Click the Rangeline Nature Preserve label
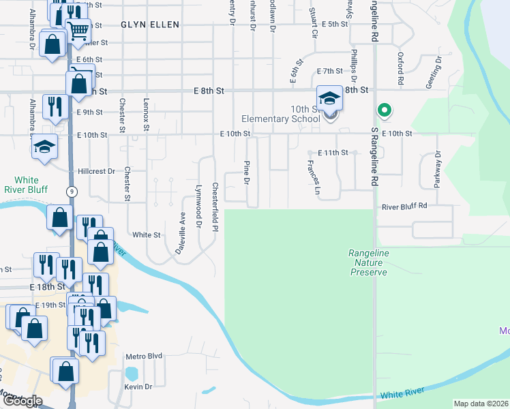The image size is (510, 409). (x=369, y=262)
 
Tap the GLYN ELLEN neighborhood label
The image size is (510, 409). (x=150, y=25)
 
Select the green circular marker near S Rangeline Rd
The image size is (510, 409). (x=384, y=110)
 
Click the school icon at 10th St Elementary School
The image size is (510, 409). (x=329, y=99)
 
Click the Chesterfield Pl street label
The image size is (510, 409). (x=215, y=205)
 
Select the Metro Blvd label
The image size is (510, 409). (x=144, y=356)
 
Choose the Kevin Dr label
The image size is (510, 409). (x=138, y=387)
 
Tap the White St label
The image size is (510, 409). (x=146, y=234)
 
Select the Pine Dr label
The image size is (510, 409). (x=246, y=172)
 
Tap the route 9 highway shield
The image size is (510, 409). (x=72, y=192)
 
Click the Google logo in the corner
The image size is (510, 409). (x=23, y=401)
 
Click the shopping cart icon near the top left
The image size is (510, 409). (x=79, y=29)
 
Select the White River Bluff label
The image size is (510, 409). (x=25, y=184)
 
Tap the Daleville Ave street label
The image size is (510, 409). (x=181, y=232)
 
